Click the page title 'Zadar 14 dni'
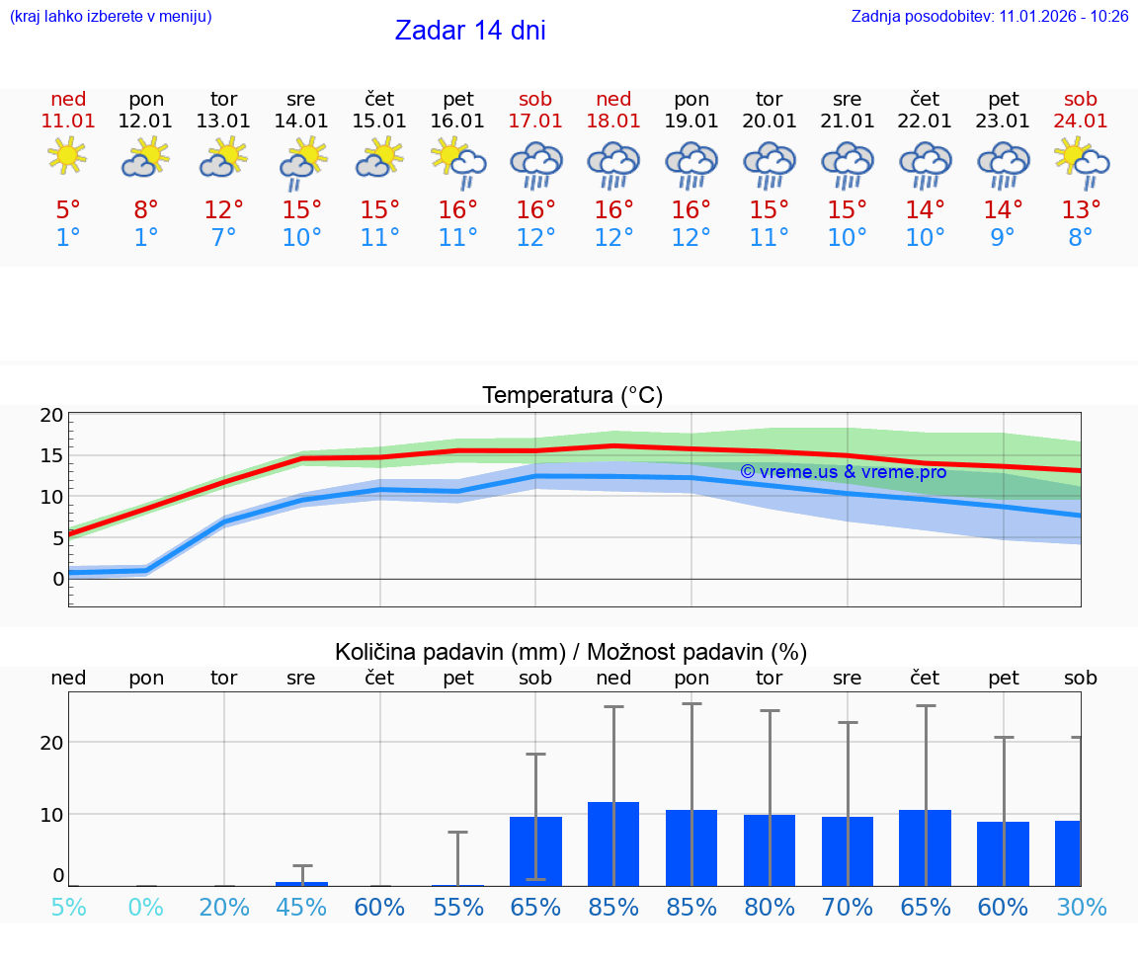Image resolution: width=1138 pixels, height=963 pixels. (470, 31)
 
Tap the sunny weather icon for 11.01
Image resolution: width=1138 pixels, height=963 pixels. (67, 156)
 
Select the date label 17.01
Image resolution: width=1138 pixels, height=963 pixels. (535, 120)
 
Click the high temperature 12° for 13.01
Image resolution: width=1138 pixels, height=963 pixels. (224, 210)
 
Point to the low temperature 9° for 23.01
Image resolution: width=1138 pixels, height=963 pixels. (1003, 238)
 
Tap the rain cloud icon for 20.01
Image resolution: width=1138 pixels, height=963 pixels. (770, 164)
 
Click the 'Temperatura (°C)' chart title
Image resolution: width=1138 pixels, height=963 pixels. (572, 396)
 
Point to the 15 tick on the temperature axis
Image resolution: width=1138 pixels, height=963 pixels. (52, 455)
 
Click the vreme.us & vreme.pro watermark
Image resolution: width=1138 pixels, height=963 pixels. (843, 472)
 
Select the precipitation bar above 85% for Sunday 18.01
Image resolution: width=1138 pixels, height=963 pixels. (613, 843)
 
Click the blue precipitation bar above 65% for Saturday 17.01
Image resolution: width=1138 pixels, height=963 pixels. (535, 850)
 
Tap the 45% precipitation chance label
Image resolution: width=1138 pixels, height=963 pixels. (301, 907)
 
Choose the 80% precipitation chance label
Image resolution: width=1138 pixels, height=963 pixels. (770, 907)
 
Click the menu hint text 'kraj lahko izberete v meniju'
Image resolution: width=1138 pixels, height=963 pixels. (111, 17)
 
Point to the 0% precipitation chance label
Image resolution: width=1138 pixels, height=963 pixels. (145, 907)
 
